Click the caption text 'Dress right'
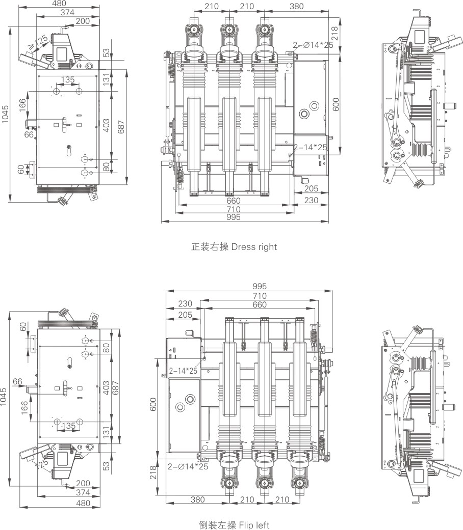254,247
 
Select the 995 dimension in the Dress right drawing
234,217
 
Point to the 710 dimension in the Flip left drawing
259,296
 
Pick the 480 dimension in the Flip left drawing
83,503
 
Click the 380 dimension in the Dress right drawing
296,7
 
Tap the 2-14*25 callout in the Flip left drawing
183,371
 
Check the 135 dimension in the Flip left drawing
68,425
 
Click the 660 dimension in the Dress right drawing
234,201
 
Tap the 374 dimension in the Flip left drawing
82,493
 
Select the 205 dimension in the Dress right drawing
311,188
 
